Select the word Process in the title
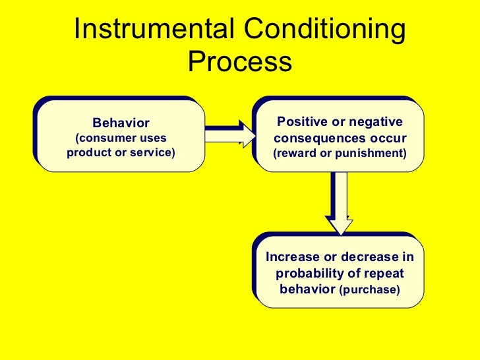click(239, 62)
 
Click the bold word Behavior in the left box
click(121, 123)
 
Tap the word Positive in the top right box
click(301, 122)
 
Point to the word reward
click(297, 154)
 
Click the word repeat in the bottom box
click(385, 273)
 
